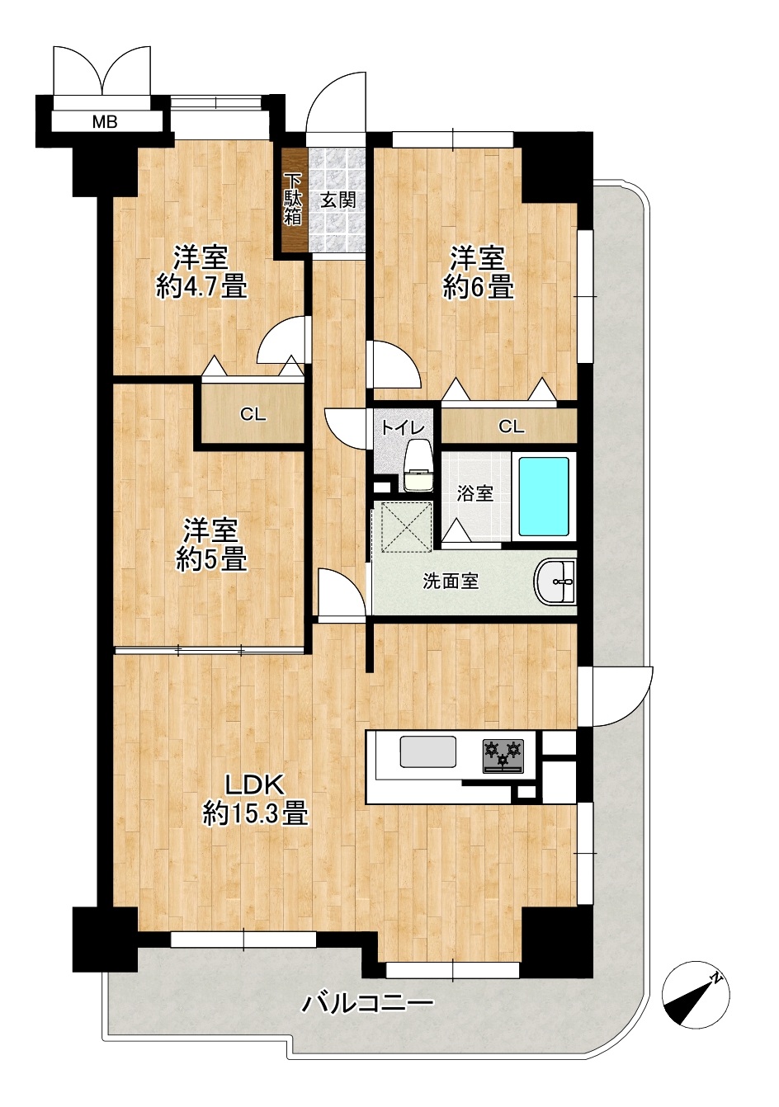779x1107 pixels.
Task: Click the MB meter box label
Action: click(x=105, y=121)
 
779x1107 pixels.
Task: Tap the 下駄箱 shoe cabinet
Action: click(x=293, y=200)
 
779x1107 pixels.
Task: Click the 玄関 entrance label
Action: click(x=338, y=200)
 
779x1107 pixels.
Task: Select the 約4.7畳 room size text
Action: click(x=201, y=286)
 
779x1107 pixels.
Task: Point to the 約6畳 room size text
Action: click(x=478, y=287)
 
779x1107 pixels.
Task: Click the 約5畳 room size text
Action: click(x=211, y=560)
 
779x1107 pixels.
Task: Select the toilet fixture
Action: click(x=418, y=465)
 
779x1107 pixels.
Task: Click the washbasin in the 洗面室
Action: click(x=555, y=582)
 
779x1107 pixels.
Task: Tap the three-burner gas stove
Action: click(x=503, y=756)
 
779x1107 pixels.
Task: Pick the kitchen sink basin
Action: click(x=427, y=751)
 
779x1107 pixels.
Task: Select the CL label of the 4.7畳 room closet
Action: click(x=253, y=415)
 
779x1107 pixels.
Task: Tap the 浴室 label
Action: click(x=474, y=494)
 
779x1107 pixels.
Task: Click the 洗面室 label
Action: click(x=451, y=582)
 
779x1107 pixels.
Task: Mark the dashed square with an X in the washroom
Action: click(x=403, y=525)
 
